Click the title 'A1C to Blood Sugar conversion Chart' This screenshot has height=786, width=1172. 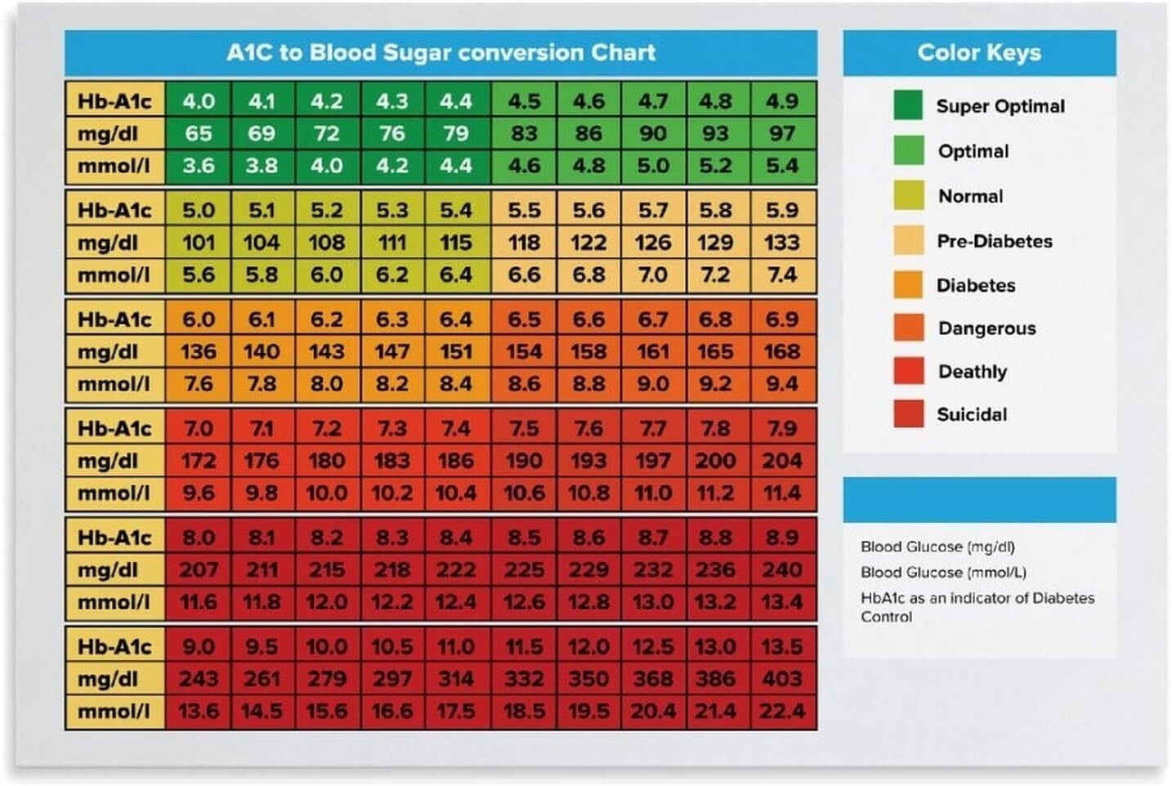point(441,53)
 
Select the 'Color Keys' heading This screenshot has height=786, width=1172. point(978,53)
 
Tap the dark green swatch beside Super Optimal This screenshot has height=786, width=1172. point(908,105)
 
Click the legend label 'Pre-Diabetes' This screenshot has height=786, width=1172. point(994,241)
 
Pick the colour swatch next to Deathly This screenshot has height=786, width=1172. point(908,371)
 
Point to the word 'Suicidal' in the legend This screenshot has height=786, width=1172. point(971,414)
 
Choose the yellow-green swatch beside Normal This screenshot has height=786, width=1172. point(908,196)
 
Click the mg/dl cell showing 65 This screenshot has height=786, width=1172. point(198,133)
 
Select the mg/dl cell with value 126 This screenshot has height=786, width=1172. point(652,243)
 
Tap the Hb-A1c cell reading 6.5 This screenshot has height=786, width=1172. point(523,319)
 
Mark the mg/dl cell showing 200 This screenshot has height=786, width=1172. point(715,461)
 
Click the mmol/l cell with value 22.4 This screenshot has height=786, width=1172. point(782,712)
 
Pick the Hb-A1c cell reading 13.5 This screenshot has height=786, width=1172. point(782,647)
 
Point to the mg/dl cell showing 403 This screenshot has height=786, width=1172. point(782,679)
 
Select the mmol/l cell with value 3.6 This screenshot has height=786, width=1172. point(198,166)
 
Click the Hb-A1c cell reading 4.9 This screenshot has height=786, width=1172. point(782,101)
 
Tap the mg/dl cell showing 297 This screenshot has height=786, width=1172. point(391,679)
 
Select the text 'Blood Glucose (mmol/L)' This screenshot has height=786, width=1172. point(943,572)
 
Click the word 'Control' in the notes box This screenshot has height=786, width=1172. point(886,617)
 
